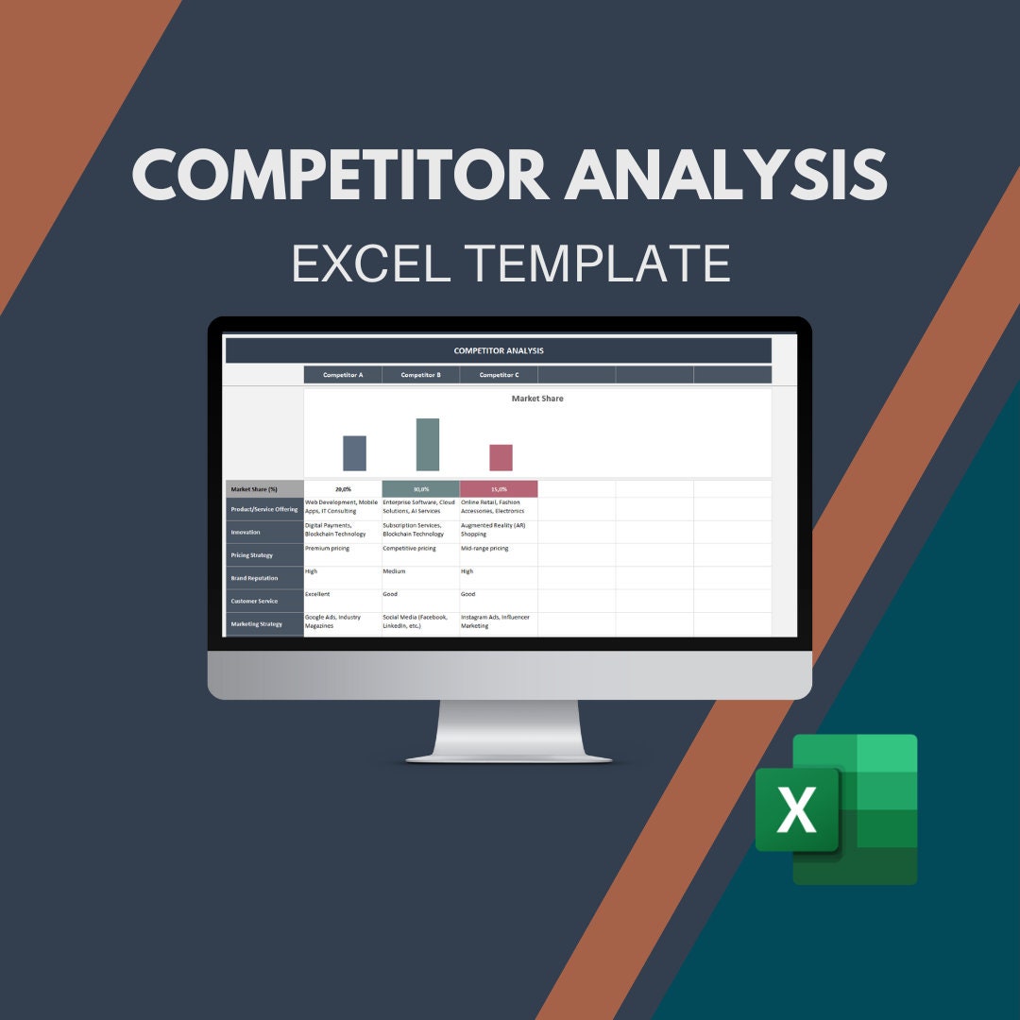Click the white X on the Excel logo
(796, 810)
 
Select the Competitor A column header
(343, 375)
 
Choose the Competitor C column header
(499, 375)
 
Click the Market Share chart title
(537, 399)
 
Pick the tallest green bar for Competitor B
(428, 445)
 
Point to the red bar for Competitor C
(501, 458)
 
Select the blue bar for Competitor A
(354, 453)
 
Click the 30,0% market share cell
(420, 489)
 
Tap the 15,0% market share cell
(499, 489)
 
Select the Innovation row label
(264, 532)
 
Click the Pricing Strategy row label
(264, 555)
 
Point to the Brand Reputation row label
(264, 578)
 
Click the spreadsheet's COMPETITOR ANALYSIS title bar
(499, 350)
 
